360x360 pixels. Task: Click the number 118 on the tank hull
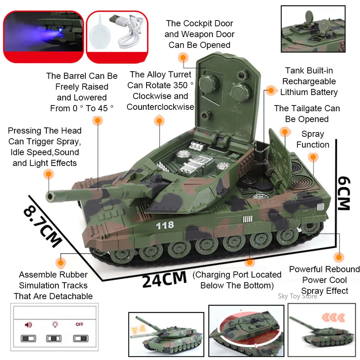pos(165,225)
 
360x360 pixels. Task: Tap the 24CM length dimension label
pos(165,279)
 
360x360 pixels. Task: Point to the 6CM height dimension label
pos(344,193)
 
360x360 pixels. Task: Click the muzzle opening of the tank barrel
pos(50,196)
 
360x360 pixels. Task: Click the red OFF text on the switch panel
pos(80,324)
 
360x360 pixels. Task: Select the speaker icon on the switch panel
pos(28,324)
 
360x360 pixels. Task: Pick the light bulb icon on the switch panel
pos(55,324)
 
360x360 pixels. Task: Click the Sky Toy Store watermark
pos(297,296)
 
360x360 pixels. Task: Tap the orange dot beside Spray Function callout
pos(313,157)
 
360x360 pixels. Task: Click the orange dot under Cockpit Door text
pos(183,58)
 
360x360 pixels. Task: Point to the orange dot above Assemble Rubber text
pos(61,262)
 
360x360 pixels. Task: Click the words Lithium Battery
pos(309,92)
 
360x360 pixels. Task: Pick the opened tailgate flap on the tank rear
pos(279,158)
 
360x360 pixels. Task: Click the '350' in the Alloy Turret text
pos(180,85)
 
